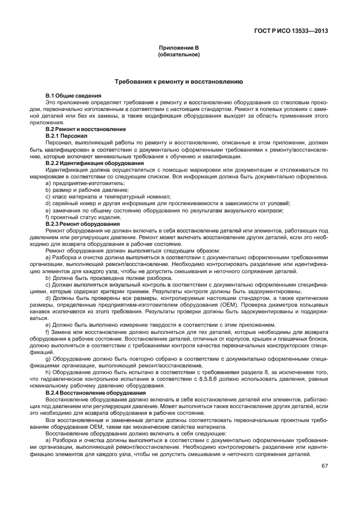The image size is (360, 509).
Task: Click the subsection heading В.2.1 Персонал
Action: (x=66, y=135)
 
